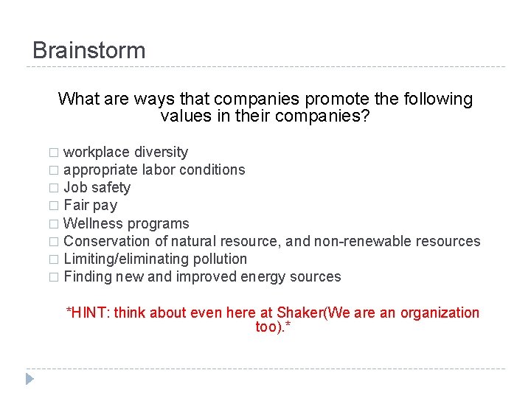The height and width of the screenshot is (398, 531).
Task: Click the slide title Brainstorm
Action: pos(89,51)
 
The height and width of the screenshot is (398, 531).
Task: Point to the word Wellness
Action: pos(93,223)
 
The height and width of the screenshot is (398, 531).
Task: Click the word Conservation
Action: pos(108,241)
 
